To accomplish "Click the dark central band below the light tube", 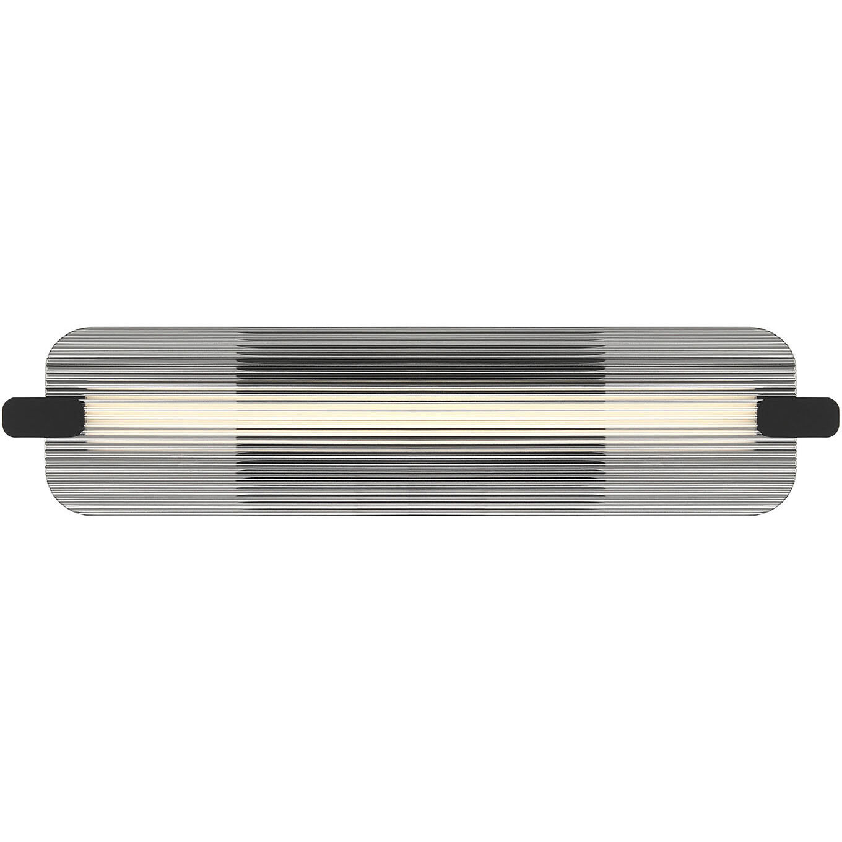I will [x=421, y=471].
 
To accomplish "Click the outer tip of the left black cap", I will [x=6, y=417].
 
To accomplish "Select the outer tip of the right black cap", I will [x=837, y=417].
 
